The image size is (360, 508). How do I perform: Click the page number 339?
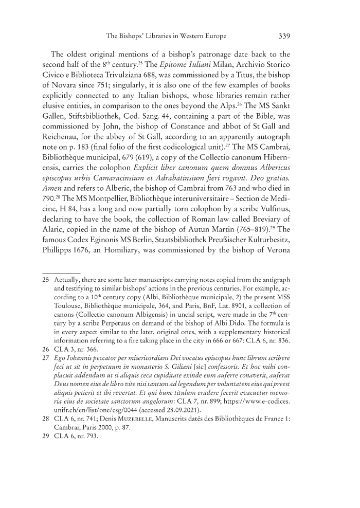[x=284, y=36]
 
